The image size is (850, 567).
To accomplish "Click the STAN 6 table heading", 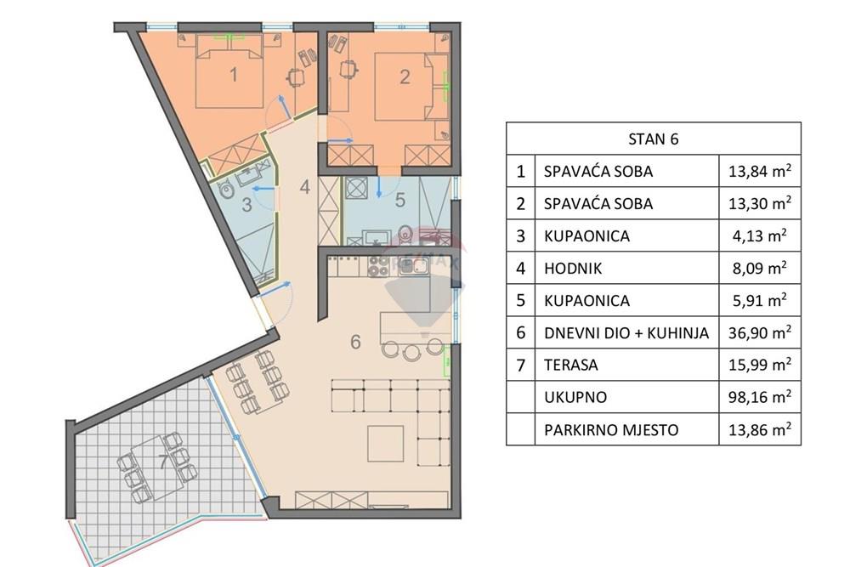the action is (653, 139).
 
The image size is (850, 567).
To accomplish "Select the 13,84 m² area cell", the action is (760, 171).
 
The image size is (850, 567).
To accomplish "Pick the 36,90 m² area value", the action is (760, 332).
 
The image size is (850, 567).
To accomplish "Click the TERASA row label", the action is (571, 365).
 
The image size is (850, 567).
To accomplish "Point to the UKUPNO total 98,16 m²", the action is (760, 397).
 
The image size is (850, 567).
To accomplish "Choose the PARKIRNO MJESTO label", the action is (611, 429).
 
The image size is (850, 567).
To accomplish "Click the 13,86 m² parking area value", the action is (760, 429).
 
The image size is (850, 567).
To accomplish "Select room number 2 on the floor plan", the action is (405, 77).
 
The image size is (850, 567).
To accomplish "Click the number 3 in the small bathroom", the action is (246, 204).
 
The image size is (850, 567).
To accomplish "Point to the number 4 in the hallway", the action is (305, 186).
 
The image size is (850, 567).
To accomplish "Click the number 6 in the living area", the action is (356, 343).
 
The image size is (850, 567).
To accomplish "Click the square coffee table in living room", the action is (385, 443).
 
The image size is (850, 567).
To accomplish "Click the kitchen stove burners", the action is (377, 266).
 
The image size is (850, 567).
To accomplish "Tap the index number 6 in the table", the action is (521, 332).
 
